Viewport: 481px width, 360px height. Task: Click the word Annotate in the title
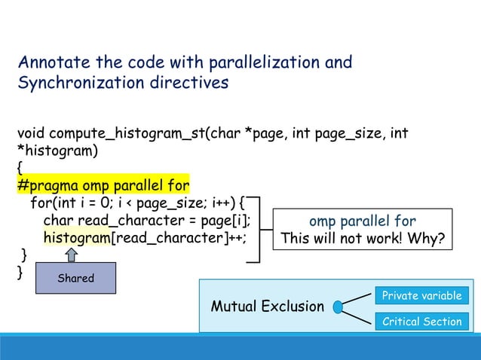pos(51,61)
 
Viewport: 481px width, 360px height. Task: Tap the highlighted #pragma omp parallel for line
pos(103,185)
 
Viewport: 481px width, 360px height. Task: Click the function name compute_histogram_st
pos(127,134)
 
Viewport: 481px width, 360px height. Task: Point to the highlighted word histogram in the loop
pos(76,237)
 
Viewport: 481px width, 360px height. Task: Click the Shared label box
pos(76,278)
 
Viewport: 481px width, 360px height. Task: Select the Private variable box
pos(421,295)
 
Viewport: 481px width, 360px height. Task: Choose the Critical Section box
pos(421,322)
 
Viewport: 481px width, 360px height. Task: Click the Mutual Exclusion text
pos(267,307)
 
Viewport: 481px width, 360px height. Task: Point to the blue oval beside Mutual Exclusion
pos(339,307)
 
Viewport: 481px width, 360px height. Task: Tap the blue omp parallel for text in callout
pos(363,221)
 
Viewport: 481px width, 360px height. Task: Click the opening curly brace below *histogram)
pos(20,168)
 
